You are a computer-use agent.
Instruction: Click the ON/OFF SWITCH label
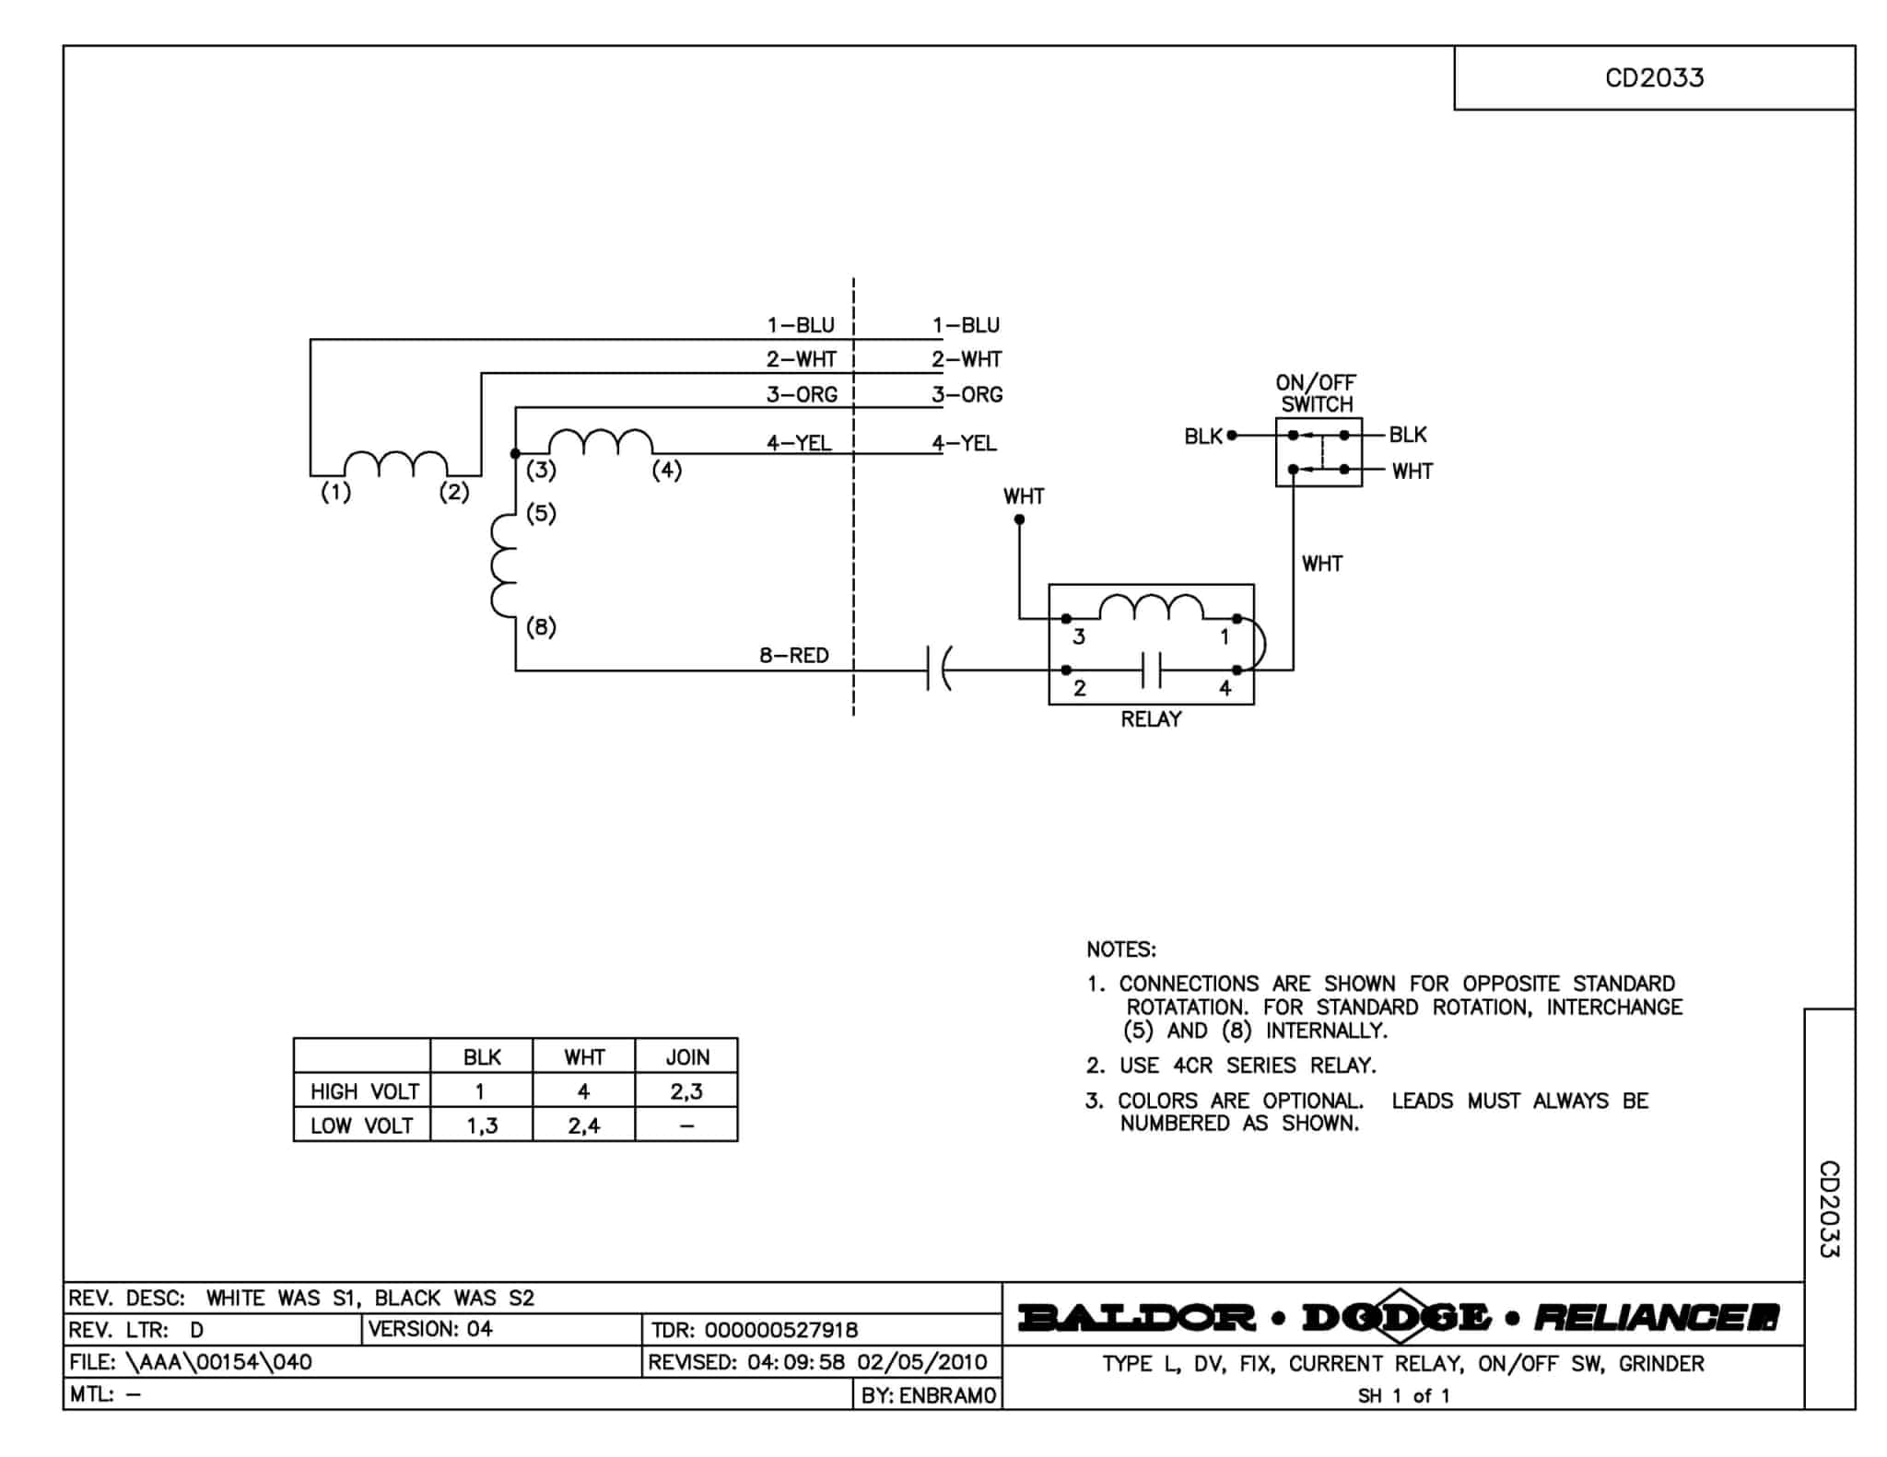coord(1316,393)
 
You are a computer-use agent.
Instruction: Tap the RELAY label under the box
coord(1151,719)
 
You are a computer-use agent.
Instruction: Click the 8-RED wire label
coord(793,656)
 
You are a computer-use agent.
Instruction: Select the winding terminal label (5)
coord(541,513)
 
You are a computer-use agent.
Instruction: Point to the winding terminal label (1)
coord(335,493)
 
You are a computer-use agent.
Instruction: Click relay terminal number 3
coord(1079,636)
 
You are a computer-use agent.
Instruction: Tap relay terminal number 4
coord(1225,688)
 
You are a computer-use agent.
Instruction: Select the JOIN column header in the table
coord(687,1057)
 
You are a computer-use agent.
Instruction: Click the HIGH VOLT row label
coord(364,1091)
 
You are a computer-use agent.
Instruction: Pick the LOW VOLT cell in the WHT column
coord(583,1125)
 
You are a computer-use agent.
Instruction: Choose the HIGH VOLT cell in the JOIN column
coord(686,1091)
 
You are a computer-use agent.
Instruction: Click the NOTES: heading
coord(1120,950)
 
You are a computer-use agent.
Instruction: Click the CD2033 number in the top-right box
coord(1654,78)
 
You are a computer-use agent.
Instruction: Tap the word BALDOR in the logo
coord(1137,1318)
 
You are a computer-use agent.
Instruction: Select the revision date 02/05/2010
coord(921,1362)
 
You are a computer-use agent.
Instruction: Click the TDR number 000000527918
coord(780,1330)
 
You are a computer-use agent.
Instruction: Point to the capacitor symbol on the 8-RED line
coord(937,670)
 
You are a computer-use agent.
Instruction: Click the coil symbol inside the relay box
coord(1151,608)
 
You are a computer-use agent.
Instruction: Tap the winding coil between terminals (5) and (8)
coord(503,565)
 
